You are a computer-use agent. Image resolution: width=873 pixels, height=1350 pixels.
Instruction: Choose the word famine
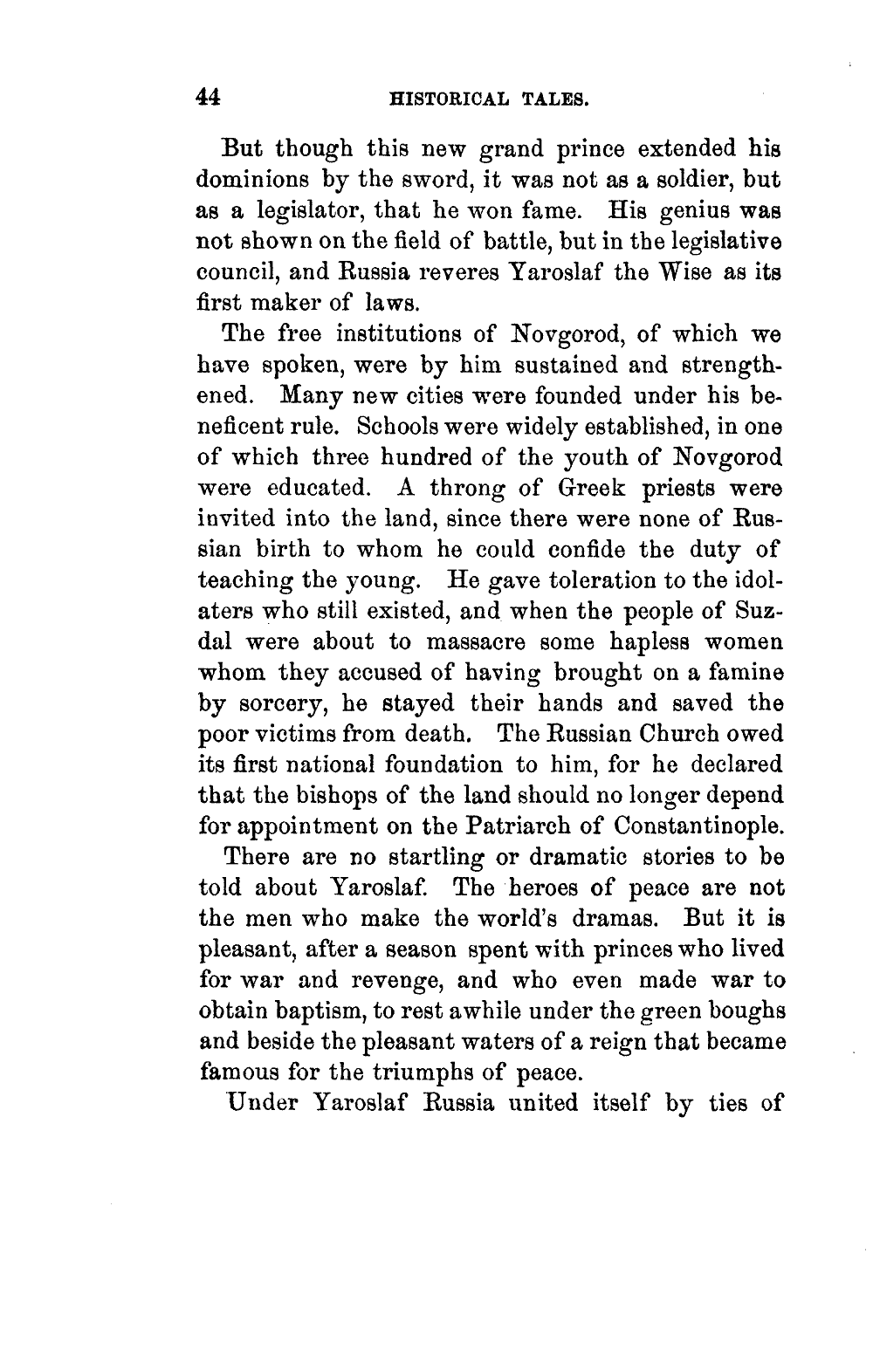(746, 672)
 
